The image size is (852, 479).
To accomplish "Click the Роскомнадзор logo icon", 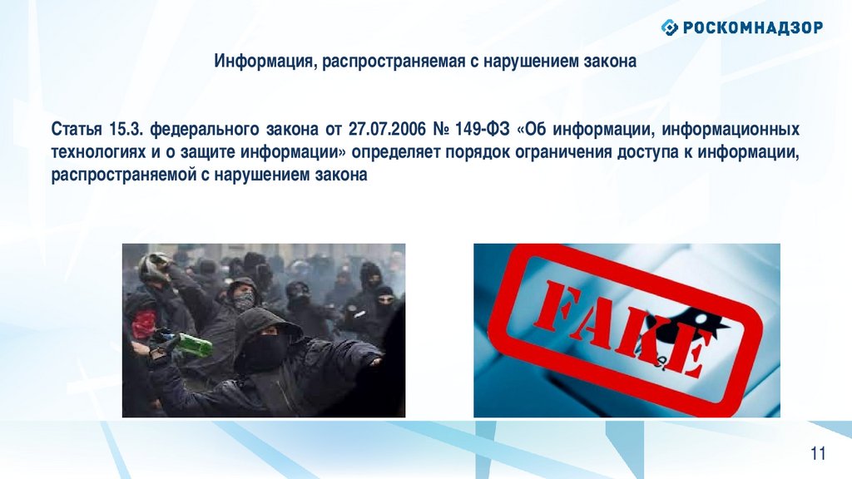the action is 670,27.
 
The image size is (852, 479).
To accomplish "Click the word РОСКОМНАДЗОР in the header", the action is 752,27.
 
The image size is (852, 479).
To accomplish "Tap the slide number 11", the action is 818,453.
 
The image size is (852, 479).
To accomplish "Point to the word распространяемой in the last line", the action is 122,175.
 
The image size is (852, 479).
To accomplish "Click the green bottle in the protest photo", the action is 195,344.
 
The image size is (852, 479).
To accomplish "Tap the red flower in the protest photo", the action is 144,323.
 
